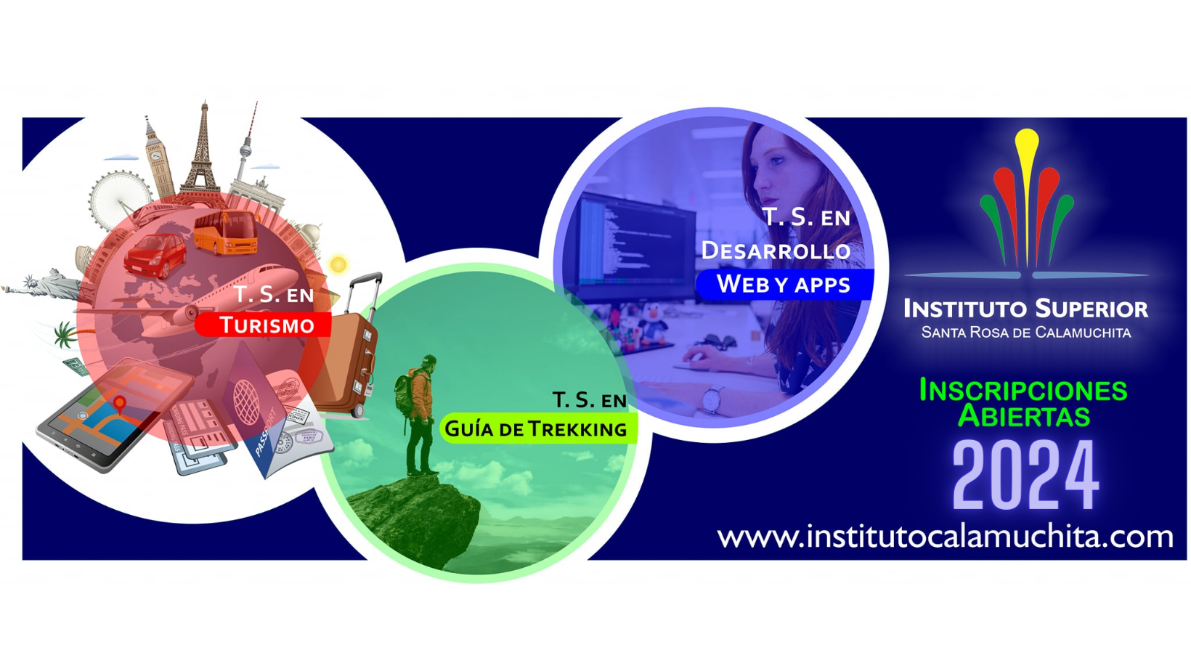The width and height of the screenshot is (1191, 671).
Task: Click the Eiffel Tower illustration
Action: coord(203,156)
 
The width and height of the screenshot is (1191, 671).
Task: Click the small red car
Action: coord(155,255)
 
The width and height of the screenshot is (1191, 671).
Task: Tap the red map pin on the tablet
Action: coord(120,404)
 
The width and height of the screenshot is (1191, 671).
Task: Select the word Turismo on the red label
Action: coord(267,325)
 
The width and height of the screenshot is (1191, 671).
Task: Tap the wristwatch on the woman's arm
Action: coord(712,399)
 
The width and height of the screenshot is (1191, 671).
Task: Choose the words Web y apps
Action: coord(783,285)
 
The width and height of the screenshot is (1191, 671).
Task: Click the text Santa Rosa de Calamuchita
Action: coord(1025,333)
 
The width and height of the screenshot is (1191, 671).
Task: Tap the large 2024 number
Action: coord(1025,476)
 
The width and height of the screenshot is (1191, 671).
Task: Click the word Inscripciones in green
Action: coord(1023,391)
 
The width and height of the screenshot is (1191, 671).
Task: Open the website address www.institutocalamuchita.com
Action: coord(944,537)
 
